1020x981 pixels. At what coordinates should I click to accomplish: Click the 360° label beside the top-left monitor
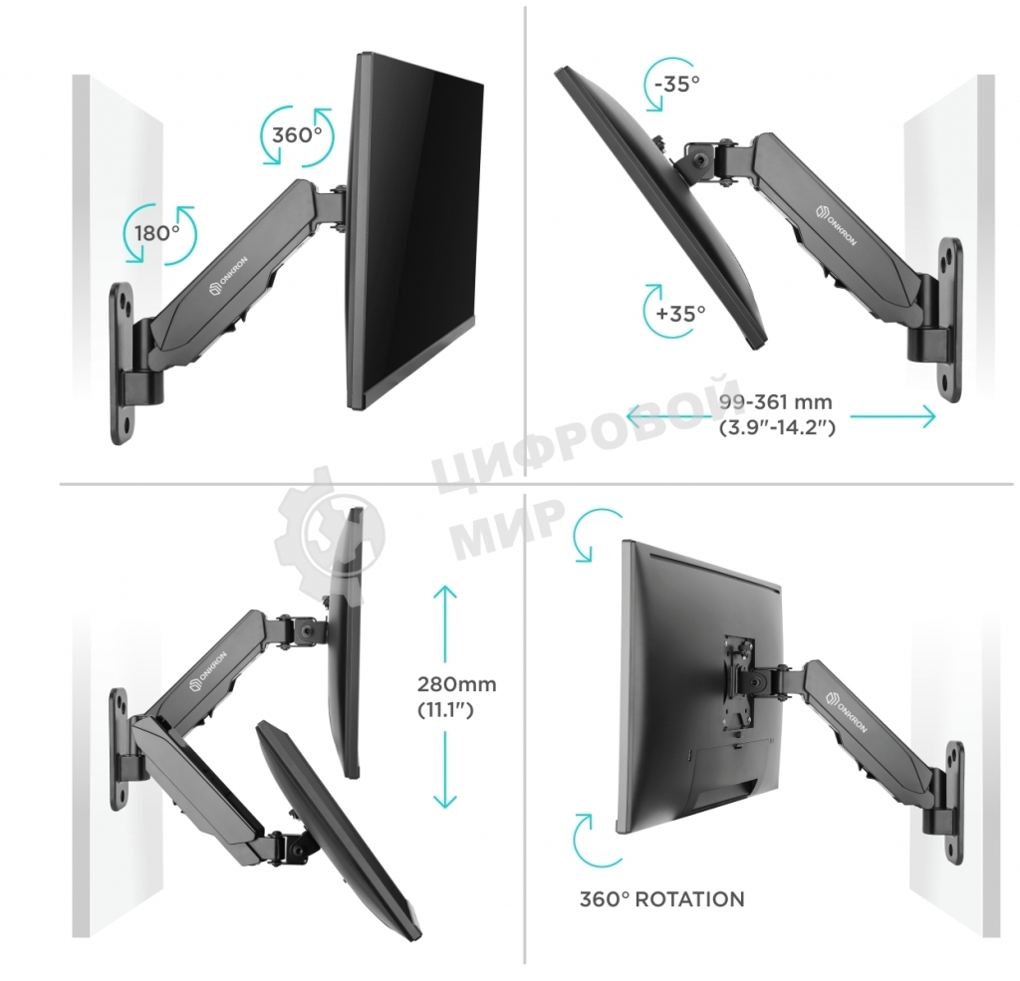[x=296, y=134]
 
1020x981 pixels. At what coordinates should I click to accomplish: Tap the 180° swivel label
[x=157, y=233]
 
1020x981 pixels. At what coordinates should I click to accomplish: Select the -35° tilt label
[x=677, y=84]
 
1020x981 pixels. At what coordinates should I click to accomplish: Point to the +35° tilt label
[x=680, y=312]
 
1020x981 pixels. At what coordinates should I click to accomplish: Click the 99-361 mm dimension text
[x=775, y=403]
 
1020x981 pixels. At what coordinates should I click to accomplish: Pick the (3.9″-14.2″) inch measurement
[x=776, y=428]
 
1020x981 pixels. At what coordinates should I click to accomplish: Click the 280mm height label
[x=456, y=685]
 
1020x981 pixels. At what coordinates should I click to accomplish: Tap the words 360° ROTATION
[x=661, y=899]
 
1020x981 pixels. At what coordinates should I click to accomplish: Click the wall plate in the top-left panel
[x=124, y=364]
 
